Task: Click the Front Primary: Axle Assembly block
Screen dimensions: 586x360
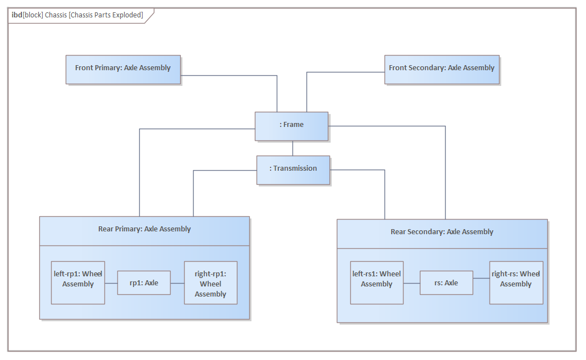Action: (123, 70)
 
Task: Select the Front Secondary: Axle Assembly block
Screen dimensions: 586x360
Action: (442, 70)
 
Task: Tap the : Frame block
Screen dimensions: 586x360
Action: (291, 126)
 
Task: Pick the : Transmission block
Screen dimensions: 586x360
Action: (294, 170)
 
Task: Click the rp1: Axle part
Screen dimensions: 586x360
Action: (144, 283)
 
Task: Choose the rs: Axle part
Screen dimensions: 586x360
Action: (446, 283)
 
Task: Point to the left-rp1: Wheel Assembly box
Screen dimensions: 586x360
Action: (77, 282)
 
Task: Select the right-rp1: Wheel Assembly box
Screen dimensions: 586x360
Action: (211, 282)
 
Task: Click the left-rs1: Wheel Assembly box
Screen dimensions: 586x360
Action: (377, 282)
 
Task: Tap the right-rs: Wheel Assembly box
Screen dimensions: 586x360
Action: (516, 282)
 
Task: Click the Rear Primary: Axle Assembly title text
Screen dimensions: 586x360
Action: (145, 229)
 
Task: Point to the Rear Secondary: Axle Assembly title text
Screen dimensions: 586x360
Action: (442, 232)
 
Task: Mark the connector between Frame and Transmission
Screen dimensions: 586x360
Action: (292, 148)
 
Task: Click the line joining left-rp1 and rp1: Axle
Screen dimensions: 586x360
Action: (111, 284)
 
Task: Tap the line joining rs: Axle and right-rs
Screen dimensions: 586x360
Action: (482, 278)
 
